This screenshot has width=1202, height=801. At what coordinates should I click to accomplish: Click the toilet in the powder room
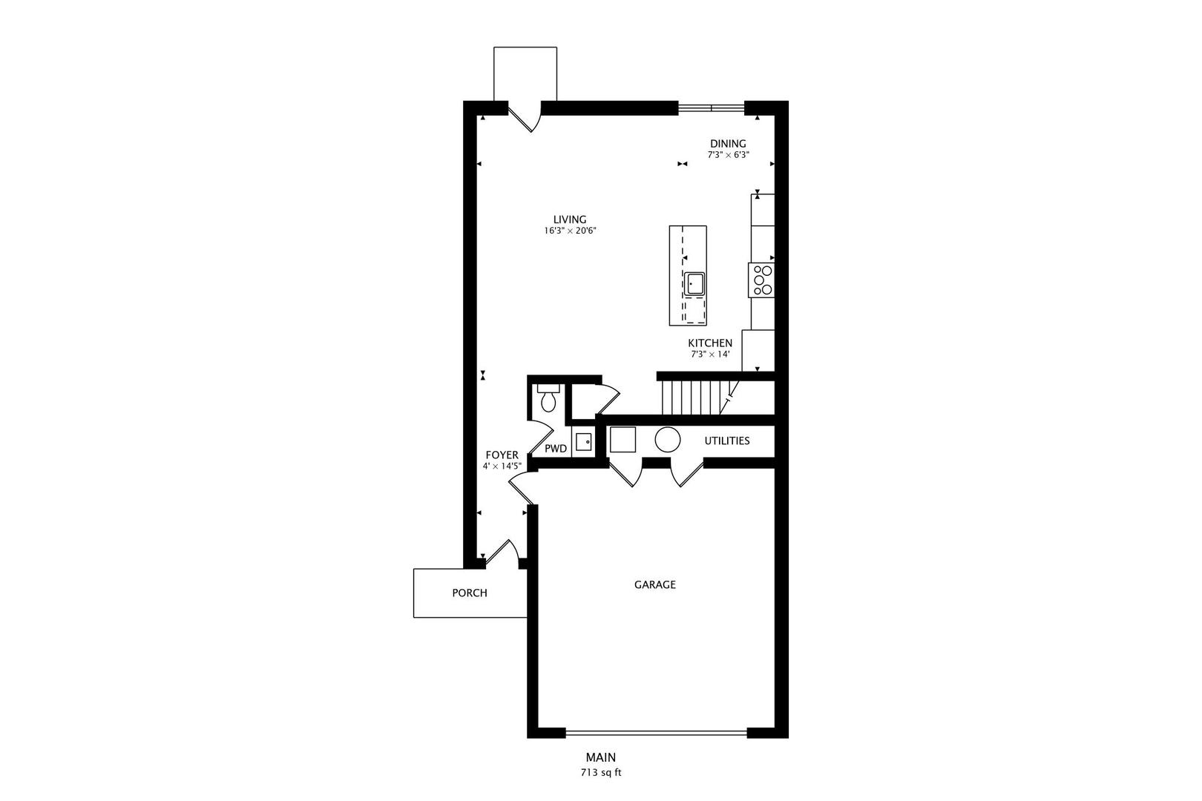pos(548,398)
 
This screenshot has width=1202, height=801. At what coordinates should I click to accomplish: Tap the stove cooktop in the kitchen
pos(761,280)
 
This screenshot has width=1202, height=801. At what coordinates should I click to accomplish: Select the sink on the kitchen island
pos(695,283)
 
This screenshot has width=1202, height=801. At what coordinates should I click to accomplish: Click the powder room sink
pos(583,442)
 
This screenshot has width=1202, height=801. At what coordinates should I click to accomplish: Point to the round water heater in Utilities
pos(668,439)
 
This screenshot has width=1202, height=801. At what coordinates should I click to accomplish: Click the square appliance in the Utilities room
pos(623,439)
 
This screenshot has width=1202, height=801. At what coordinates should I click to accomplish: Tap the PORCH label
pos(470,593)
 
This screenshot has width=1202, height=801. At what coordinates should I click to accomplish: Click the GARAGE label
pos(654,584)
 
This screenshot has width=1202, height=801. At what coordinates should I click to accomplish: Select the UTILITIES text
pos(727,441)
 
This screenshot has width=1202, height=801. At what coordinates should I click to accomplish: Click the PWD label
pos(556,449)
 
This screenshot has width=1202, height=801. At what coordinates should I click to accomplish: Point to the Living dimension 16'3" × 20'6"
pos(570,231)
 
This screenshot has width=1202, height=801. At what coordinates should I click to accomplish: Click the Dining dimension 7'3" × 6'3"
pos(728,154)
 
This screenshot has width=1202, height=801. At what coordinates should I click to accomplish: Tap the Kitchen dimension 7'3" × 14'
pos(710,354)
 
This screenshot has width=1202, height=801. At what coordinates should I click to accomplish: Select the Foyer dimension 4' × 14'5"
pos(502,467)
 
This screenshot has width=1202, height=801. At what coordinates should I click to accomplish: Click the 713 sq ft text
pos(600,773)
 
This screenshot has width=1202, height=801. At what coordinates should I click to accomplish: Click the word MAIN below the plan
pos(600,757)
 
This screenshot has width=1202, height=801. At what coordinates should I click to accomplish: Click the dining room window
pos(712,108)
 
